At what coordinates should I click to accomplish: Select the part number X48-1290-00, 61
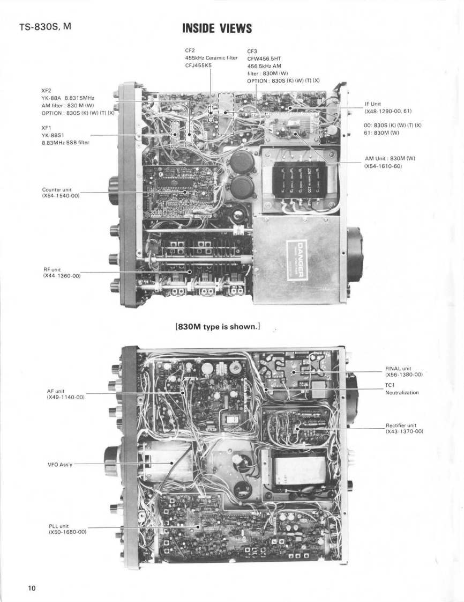tap(389, 112)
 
